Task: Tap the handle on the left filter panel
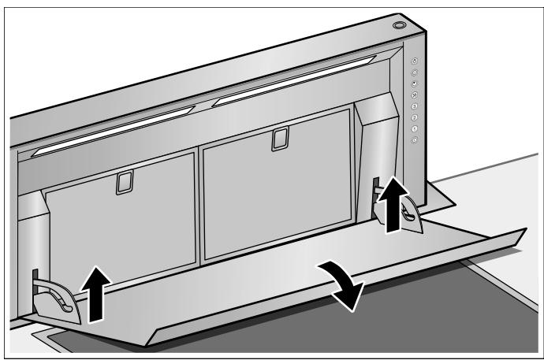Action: coord(120,183)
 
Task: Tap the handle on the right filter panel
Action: coord(277,139)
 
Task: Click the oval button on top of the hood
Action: coord(399,25)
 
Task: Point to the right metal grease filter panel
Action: coord(276,189)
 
